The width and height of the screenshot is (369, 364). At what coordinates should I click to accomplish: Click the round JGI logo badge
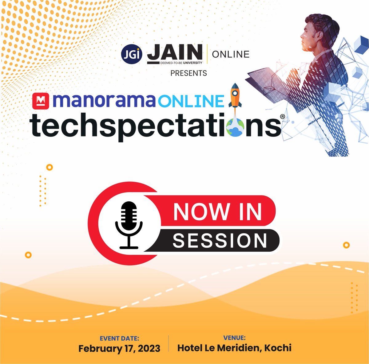coord(132,55)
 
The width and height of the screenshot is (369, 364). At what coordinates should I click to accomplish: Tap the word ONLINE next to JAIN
coord(231,54)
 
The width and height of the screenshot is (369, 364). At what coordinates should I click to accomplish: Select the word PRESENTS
coord(188,73)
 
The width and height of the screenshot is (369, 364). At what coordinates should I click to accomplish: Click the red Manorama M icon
coord(41,100)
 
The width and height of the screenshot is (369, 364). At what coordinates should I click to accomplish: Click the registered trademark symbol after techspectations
coord(282,117)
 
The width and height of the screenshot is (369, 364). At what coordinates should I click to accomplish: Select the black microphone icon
coord(129,224)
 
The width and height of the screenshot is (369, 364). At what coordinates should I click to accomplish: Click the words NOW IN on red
coord(217,211)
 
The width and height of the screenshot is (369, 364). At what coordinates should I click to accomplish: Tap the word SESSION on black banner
coord(220,240)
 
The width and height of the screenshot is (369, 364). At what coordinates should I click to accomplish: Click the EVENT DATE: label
coord(119,339)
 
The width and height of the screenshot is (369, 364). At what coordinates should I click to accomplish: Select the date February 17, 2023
coord(119,349)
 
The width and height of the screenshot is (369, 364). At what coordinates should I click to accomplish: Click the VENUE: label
coord(234,338)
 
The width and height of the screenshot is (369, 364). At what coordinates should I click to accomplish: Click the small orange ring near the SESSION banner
coord(346,245)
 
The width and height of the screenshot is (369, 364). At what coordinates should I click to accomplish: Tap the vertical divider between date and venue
coord(169,343)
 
